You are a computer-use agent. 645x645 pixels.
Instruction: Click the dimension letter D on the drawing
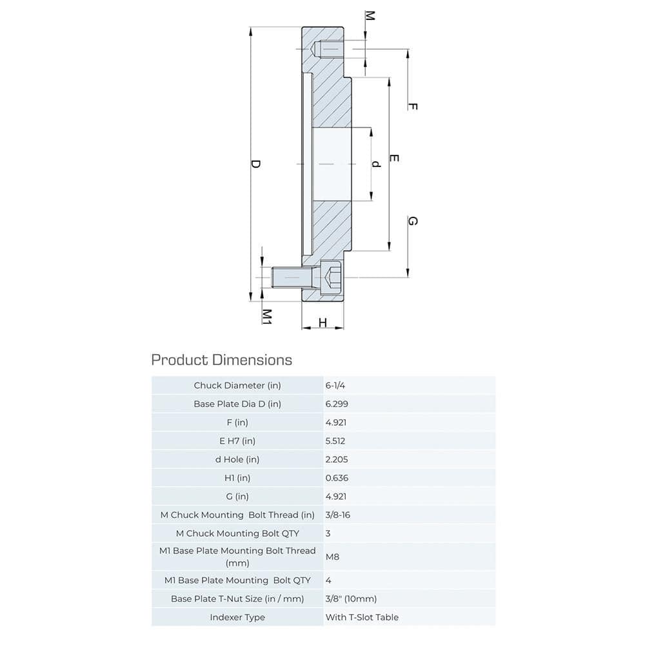pos(255,164)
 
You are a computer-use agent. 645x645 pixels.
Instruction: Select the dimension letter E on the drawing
pos(395,159)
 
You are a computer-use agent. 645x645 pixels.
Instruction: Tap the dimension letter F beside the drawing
pos(413,106)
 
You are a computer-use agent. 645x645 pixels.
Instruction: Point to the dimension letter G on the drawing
pos(413,221)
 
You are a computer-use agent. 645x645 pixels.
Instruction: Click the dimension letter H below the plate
pos(322,322)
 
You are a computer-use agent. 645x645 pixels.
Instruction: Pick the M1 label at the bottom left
pos(266,316)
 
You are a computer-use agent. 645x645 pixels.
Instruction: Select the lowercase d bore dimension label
pos(377,164)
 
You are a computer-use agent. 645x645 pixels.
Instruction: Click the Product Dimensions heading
pos(221,359)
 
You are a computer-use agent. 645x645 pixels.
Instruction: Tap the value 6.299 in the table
pos(337,404)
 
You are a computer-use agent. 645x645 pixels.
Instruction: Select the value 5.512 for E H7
pos(337,441)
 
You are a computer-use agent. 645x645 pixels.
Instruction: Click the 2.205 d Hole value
pos(337,459)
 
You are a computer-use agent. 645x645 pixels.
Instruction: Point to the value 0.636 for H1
pos(337,478)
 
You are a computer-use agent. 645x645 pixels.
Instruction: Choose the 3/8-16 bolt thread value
pos(339,515)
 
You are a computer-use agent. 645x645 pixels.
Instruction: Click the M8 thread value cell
pos(332,556)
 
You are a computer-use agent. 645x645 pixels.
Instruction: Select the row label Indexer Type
pos(237,617)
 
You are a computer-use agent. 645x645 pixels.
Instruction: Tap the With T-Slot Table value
pos(362,617)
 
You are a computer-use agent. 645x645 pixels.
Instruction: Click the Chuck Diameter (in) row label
pos(237,385)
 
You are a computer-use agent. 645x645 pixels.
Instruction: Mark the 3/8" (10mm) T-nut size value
pos(351,599)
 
